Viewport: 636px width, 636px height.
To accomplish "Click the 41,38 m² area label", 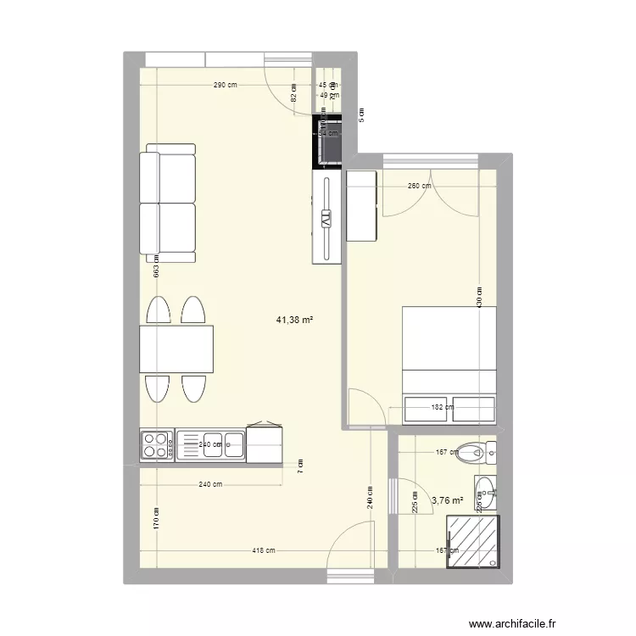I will pos(295,320).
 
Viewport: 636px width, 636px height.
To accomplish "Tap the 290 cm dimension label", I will pos(225,86).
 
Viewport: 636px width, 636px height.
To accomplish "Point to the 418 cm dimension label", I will pos(264,550).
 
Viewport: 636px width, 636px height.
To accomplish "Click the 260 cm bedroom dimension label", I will pos(419,187).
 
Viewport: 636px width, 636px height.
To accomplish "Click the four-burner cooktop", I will pos(156,445).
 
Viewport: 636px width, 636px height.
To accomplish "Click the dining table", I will pos(176,349).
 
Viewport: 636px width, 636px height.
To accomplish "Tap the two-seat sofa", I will pos(170,203).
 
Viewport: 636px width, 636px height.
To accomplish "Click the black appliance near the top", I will pos(328,142).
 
